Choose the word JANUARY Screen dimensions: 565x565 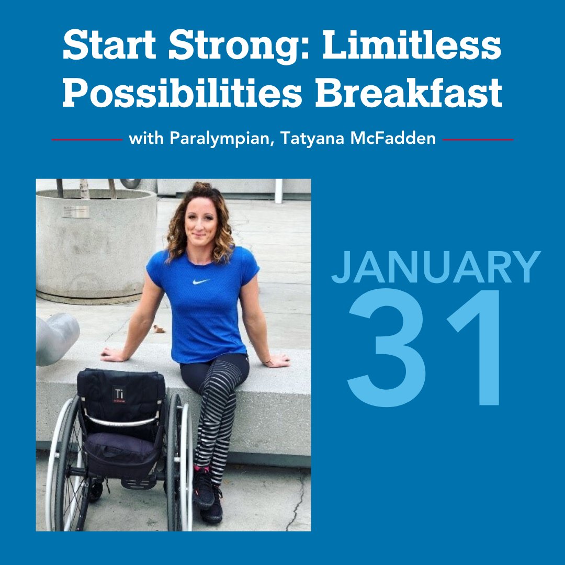click(435, 267)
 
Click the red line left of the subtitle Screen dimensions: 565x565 click(87, 140)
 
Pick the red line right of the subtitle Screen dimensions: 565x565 click(478, 140)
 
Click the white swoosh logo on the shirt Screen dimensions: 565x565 click(201, 281)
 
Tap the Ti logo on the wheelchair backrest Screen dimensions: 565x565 click(119, 392)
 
